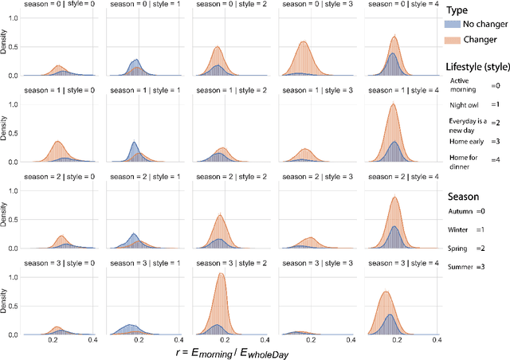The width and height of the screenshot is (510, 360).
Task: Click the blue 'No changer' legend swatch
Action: tap(456, 25)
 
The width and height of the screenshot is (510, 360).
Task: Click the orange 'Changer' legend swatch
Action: tap(456, 39)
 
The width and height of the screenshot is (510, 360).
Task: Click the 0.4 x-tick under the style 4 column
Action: tap(437, 340)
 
